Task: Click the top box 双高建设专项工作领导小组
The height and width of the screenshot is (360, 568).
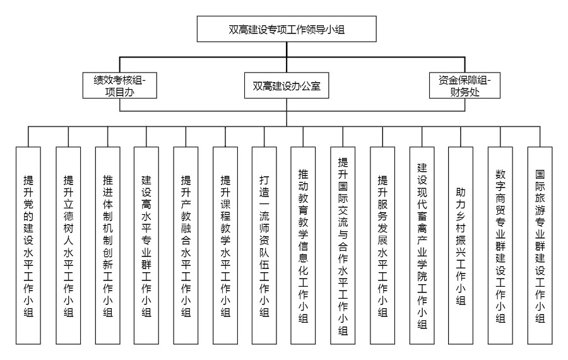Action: pyautogui.click(x=287, y=29)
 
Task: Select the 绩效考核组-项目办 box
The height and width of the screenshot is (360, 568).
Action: pyautogui.click(x=119, y=85)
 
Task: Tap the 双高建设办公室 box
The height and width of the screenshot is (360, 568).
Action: pyautogui.click(x=287, y=85)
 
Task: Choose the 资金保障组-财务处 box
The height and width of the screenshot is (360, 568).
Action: pyautogui.click(x=464, y=85)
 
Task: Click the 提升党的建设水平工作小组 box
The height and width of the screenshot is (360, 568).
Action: pyautogui.click(x=28, y=246)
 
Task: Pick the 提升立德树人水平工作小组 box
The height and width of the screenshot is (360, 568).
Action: pyautogui.click(x=68, y=246)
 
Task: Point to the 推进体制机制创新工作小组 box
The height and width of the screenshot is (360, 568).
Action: pyautogui.click(x=107, y=246)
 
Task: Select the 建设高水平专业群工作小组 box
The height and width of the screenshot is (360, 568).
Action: pyautogui.click(x=146, y=246)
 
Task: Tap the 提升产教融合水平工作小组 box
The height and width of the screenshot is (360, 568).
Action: pyautogui.click(x=186, y=246)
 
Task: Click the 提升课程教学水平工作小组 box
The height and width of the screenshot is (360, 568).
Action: pyautogui.click(x=225, y=246)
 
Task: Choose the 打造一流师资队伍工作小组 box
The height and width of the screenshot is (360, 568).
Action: pyautogui.click(x=264, y=246)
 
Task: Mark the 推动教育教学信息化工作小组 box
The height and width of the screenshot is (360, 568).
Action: pyautogui.click(x=303, y=246)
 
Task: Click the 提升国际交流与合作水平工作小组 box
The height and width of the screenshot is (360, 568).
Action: pyautogui.click(x=343, y=246)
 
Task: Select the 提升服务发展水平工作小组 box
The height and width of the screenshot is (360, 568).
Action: pyautogui.click(x=382, y=246)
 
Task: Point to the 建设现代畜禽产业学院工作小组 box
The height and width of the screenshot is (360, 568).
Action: pyautogui.click(x=422, y=246)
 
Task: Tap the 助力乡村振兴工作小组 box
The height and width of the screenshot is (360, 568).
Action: pyautogui.click(x=461, y=246)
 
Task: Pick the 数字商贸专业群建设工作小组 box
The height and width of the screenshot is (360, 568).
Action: pyautogui.click(x=500, y=246)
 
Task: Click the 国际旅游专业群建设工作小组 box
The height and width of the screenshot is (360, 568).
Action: pyautogui.click(x=540, y=246)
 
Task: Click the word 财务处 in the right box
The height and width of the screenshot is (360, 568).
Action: pyautogui.click(x=464, y=92)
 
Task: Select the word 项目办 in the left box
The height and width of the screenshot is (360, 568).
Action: pyautogui.click(x=119, y=92)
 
